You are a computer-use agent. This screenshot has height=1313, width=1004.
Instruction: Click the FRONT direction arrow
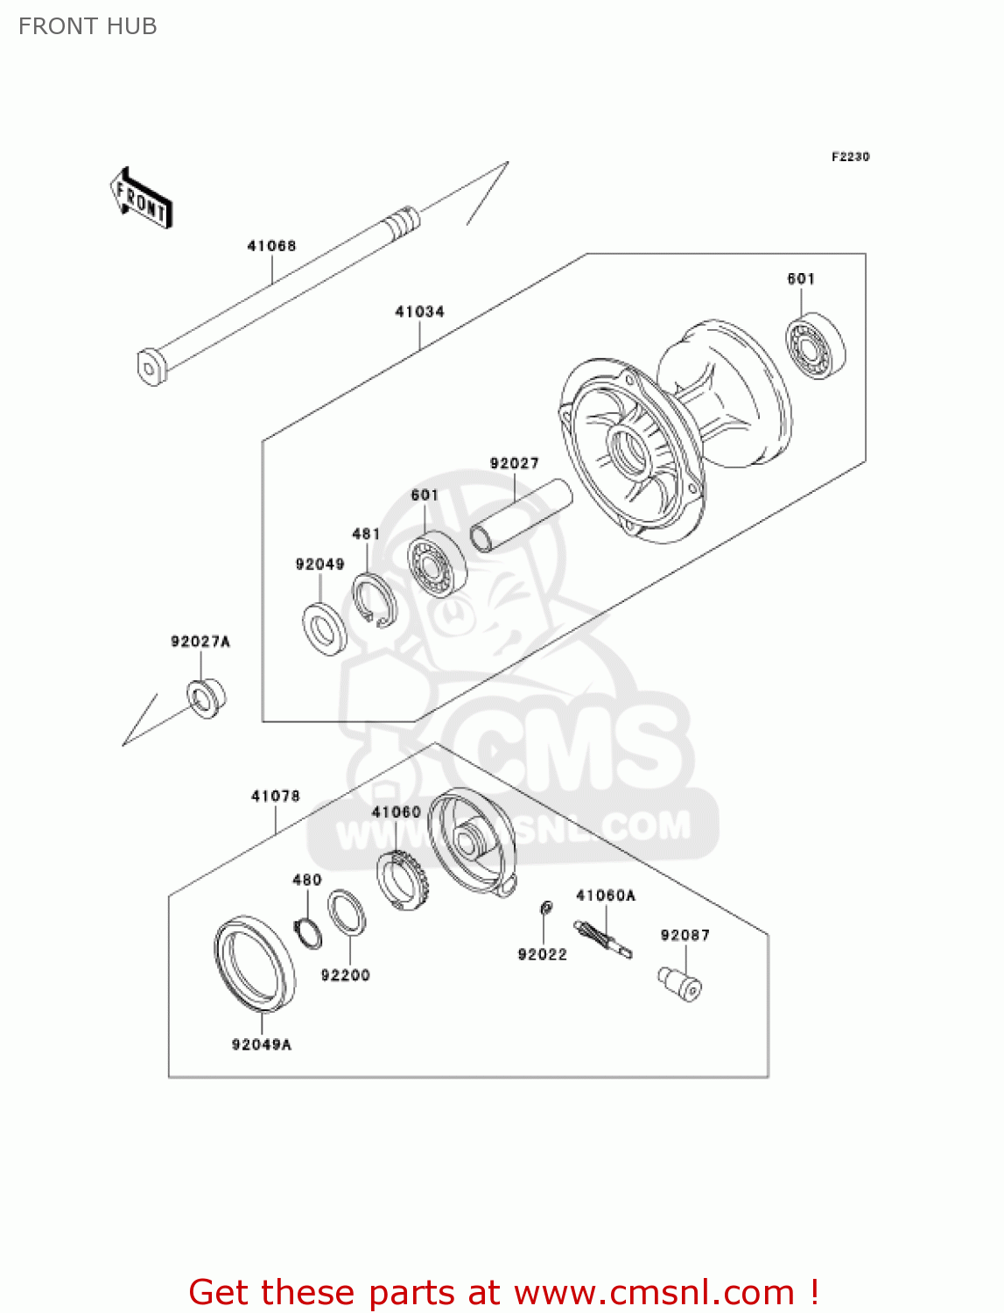click(141, 198)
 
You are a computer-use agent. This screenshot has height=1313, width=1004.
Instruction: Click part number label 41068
click(271, 246)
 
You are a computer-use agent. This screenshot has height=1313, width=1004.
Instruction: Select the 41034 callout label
click(419, 312)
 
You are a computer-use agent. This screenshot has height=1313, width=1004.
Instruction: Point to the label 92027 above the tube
click(514, 463)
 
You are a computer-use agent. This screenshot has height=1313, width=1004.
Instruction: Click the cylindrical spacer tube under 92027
click(520, 516)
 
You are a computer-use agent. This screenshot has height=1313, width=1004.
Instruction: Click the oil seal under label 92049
click(324, 628)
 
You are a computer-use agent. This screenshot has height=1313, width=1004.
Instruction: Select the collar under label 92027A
click(206, 698)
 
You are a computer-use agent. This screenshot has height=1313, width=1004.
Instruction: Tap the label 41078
click(275, 796)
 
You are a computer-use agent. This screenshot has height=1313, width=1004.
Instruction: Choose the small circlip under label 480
click(307, 933)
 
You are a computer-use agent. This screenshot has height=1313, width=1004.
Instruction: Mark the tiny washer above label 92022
click(544, 908)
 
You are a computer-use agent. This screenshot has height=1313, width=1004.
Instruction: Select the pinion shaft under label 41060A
click(602, 939)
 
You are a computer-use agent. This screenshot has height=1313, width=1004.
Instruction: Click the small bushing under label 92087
click(680, 983)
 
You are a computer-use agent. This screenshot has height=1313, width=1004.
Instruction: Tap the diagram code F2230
click(850, 157)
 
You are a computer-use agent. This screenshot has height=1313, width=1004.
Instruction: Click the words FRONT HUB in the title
click(88, 26)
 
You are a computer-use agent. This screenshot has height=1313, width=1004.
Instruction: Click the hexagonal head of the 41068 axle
click(151, 366)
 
